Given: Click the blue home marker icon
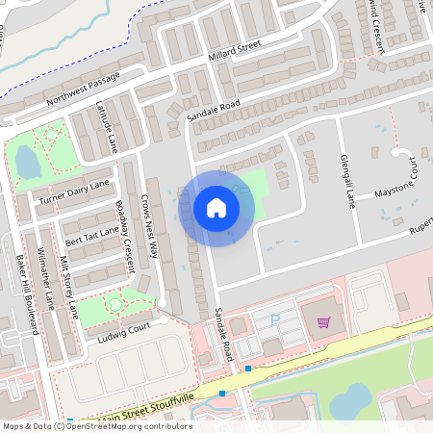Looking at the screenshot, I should [x=216, y=207].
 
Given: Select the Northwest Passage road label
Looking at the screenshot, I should [x=84, y=89].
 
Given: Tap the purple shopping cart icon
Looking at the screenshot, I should [x=324, y=322].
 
